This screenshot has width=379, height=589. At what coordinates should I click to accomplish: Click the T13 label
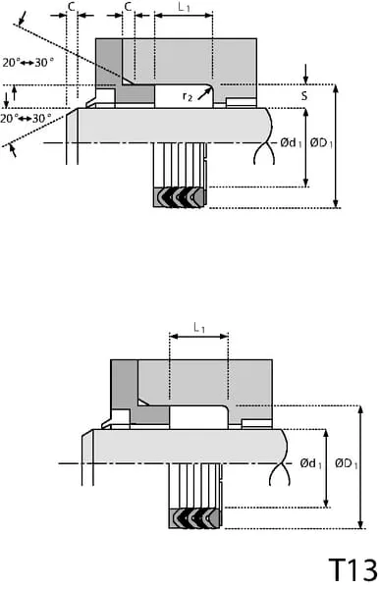tap(353, 569)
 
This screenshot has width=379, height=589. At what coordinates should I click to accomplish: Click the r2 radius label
tap(188, 96)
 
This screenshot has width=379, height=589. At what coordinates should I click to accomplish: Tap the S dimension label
tap(303, 96)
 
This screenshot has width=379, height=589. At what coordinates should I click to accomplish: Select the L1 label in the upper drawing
tap(184, 7)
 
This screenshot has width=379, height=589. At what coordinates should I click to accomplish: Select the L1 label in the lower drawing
tap(199, 328)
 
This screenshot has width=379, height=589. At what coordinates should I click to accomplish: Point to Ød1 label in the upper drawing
tap(291, 142)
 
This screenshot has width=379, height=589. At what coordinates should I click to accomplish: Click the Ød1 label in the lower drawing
tap(310, 463)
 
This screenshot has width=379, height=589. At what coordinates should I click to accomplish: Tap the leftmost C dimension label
tap(72, 7)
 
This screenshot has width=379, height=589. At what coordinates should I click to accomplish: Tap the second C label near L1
tap(128, 7)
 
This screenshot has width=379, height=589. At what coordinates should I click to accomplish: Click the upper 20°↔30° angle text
tap(27, 63)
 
